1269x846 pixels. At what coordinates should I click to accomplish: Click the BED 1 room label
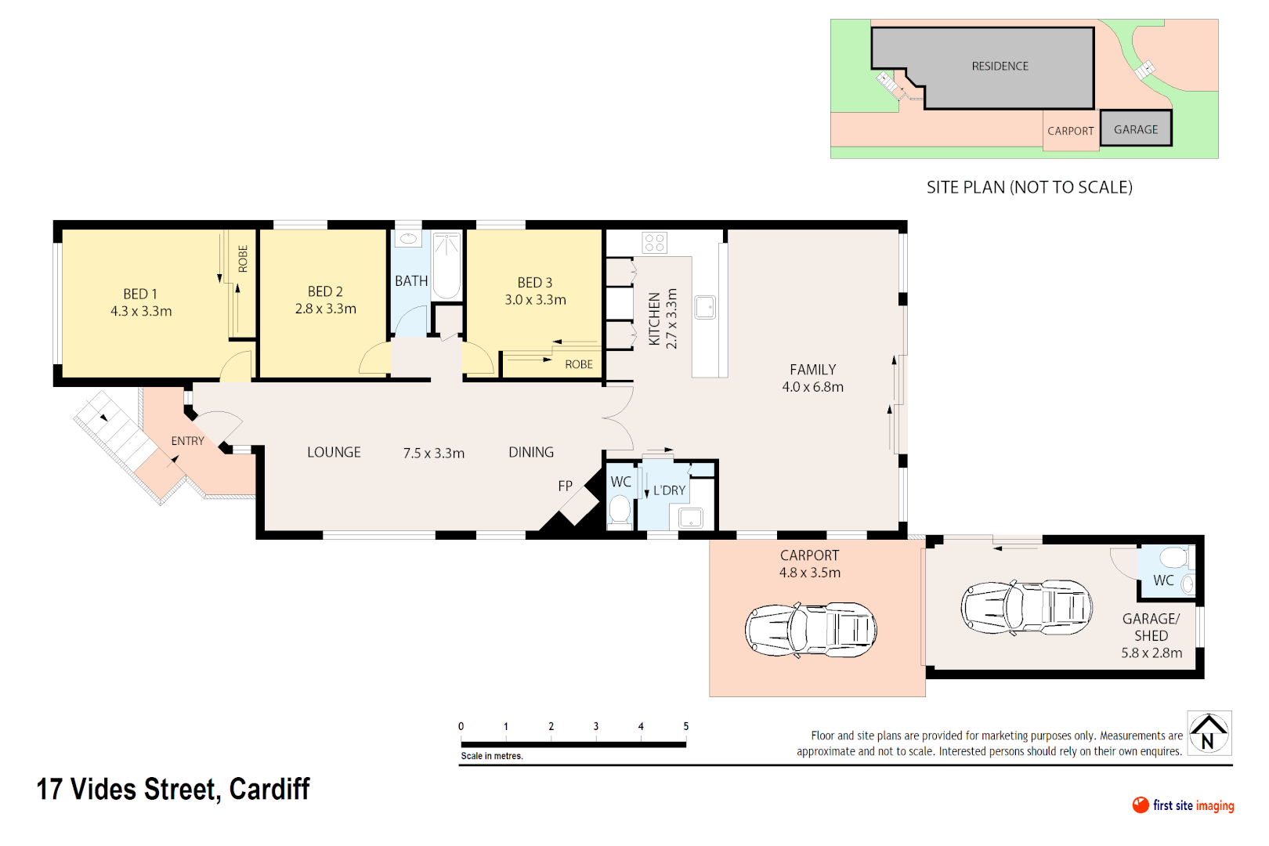(140, 294)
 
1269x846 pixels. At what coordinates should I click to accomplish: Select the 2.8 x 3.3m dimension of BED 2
(325, 309)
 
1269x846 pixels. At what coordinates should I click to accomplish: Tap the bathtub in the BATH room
(447, 266)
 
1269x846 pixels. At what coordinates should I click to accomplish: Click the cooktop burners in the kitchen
(655, 243)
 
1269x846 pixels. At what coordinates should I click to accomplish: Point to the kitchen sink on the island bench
(705, 307)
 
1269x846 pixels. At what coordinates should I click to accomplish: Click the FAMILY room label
(812, 370)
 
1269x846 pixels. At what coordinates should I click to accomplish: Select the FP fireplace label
(565, 486)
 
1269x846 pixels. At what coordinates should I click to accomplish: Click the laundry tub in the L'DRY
(691, 518)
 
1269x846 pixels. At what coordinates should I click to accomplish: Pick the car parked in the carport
(811, 629)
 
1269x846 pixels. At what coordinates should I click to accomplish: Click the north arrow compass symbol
(1209, 733)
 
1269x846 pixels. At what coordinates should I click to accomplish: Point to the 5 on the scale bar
(685, 726)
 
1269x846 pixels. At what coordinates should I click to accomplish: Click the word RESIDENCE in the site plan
(1000, 67)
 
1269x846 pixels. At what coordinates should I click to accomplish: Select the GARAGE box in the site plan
(1135, 129)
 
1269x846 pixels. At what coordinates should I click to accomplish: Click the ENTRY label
(187, 441)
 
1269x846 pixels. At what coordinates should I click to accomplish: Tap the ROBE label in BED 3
(579, 364)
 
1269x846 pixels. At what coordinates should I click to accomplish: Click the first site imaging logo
(1183, 805)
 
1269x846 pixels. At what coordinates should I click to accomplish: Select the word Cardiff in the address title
(269, 789)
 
